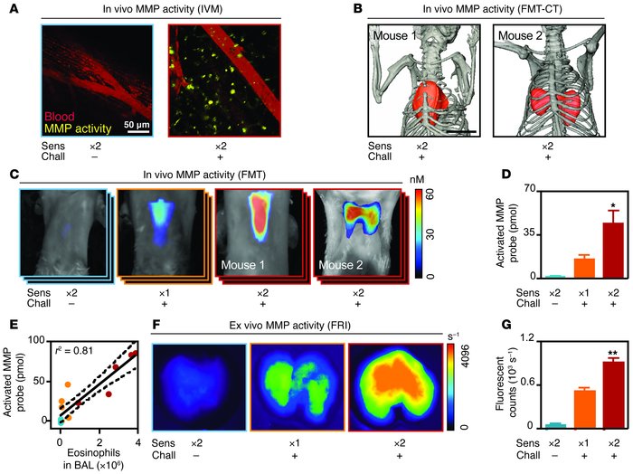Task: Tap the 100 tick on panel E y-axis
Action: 36,338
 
